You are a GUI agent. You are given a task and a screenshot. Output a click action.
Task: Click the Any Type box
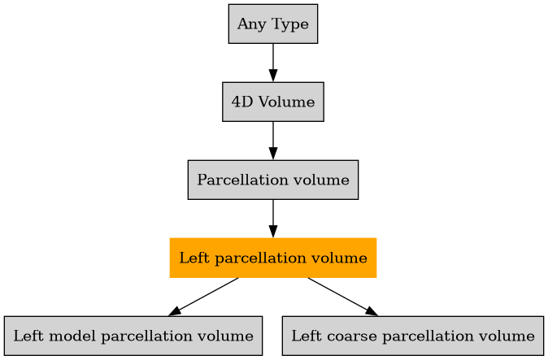(272, 24)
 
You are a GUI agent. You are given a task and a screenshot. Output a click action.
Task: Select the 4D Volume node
(272, 102)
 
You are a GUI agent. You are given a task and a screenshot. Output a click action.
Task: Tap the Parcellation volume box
(272, 180)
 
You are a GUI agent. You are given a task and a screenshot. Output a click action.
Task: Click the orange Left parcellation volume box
(272, 258)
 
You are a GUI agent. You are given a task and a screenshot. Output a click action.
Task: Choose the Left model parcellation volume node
(133, 336)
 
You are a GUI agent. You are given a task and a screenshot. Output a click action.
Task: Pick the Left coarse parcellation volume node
(412, 336)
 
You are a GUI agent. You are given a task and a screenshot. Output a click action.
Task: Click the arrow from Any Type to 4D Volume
(272, 63)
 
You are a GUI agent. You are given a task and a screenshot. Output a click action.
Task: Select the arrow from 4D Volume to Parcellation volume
(272, 141)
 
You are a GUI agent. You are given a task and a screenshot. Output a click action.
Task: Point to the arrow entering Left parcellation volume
(272, 219)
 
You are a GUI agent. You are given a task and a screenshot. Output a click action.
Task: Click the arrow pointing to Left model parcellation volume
(203, 297)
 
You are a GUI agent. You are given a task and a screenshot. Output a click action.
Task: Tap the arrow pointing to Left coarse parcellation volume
(342, 297)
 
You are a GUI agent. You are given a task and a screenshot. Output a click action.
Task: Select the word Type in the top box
(285, 24)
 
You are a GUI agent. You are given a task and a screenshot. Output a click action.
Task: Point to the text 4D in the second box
(241, 102)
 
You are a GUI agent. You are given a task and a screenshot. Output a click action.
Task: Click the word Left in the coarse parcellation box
(305, 336)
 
